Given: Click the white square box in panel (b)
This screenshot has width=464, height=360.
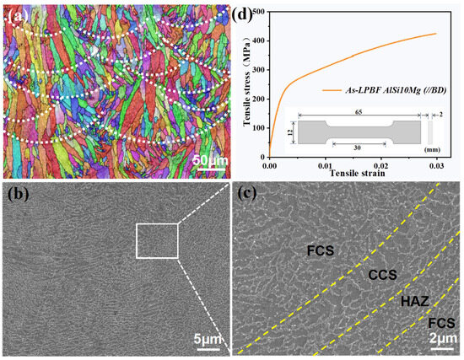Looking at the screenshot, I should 157,240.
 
